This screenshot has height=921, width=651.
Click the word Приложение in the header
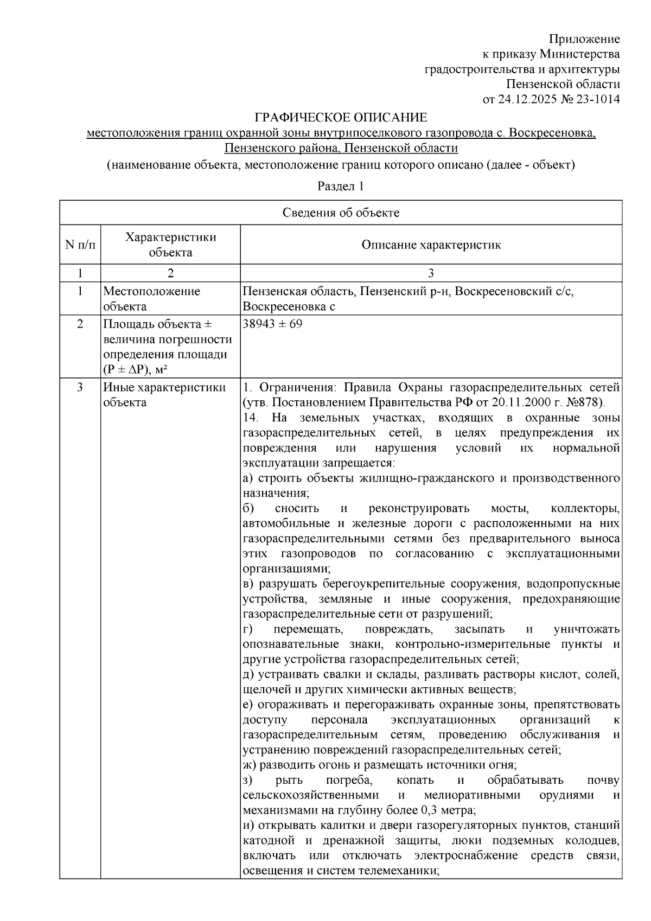(x=584, y=39)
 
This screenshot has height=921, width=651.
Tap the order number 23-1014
(x=598, y=99)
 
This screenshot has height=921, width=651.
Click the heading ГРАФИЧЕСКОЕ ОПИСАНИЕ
(x=341, y=118)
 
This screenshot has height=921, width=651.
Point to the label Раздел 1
(x=340, y=186)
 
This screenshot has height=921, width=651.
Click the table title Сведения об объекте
(x=341, y=213)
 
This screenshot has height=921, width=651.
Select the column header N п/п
(x=80, y=245)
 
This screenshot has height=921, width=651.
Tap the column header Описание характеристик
(x=431, y=245)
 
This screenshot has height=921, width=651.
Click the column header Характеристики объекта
(x=170, y=245)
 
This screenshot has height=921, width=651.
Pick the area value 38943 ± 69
(x=273, y=324)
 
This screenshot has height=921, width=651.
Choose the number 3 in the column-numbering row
(x=431, y=273)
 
